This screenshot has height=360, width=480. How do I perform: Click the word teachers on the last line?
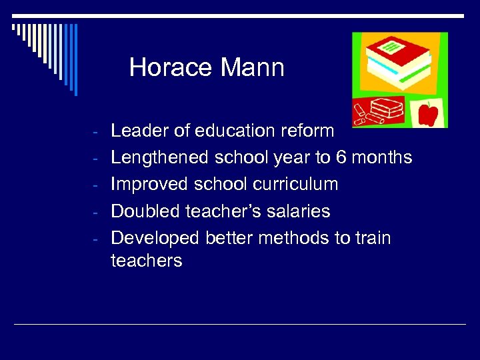(x=146, y=260)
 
